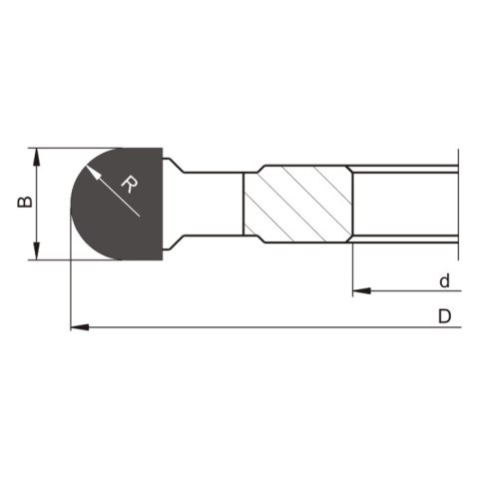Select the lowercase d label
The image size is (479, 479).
pyautogui.click(x=444, y=280)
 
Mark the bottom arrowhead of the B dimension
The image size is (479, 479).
pyautogui.click(x=37, y=251)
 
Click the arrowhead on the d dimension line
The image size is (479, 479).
pyautogui.click(x=360, y=291)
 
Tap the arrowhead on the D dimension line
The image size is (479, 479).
pyautogui.click(x=80, y=326)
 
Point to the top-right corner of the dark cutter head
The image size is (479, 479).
pyautogui.click(x=161, y=150)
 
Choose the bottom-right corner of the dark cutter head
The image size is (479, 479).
pyautogui.click(x=161, y=258)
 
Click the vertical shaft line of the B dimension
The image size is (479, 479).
pyautogui.click(x=37, y=205)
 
